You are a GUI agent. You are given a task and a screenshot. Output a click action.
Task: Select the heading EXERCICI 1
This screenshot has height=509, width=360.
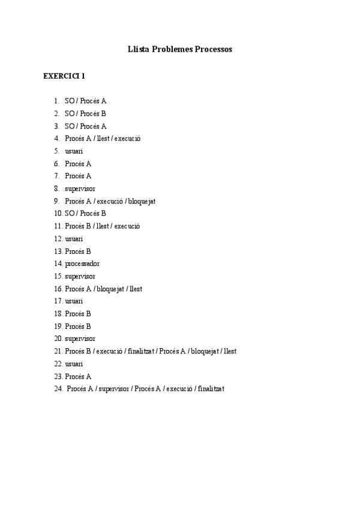pyautogui.click(x=64, y=76)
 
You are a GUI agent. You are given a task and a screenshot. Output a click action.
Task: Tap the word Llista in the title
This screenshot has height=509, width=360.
pyautogui.click(x=139, y=49)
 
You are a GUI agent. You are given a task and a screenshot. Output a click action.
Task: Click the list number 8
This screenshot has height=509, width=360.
pyautogui.click(x=56, y=188)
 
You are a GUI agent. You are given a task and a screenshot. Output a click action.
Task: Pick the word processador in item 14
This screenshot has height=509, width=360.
pyautogui.click(x=82, y=264)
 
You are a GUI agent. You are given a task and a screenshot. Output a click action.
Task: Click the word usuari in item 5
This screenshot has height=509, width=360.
pyautogui.click(x=74, y=151)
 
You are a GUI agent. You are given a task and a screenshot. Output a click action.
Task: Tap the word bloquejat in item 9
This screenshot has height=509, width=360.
pyautogui.click(x=142, y=201)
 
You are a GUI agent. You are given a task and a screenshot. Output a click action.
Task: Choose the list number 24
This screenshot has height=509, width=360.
pyautogui.click(x=58, y=389)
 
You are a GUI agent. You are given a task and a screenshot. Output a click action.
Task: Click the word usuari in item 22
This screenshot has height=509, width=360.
pyautogui.click(x=74, y=364)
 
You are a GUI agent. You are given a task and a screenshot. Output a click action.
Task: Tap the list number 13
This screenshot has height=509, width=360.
pyautogui.click(x=58, y=251)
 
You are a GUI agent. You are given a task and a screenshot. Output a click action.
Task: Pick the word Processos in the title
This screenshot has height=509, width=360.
pyautogui.click(x=214, y=49)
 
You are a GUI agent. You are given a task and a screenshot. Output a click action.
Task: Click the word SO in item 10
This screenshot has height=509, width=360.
pyautogui.click(x=70, y=213)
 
